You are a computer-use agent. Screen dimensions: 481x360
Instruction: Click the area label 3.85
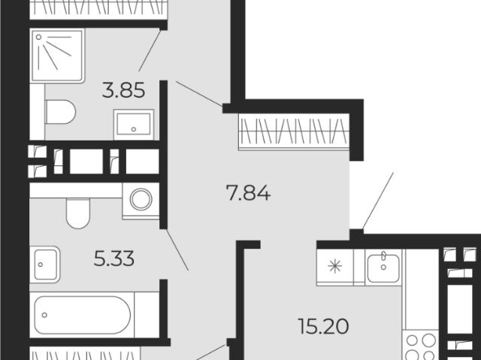(x=123, y=90)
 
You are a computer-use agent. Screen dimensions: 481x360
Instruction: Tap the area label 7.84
(x=248, y=193)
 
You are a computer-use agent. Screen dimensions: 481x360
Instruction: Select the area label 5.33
(x=113, y=259)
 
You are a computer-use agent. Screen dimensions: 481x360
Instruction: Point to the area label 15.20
(x=323, y=326)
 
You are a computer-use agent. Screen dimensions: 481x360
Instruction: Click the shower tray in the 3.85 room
(x=57, y=56)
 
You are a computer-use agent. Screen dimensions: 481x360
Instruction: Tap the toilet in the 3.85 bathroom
(x=60, y=112)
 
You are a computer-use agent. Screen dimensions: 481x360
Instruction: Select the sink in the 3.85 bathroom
(x=134, y=125)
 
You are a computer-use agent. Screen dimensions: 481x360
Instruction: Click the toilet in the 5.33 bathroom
(x=78, y=213)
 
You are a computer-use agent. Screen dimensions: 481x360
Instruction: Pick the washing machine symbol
(x=141, y=201)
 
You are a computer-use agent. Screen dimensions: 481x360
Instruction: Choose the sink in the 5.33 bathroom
(x=45, y=265)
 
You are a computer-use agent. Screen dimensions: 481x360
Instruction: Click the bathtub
(x=82, y=315)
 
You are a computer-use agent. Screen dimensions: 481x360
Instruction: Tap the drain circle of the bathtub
(x=44, y=315)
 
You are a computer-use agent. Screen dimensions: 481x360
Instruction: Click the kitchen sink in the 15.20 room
(x=383, y=267)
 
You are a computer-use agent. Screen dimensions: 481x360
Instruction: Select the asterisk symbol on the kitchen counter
(x=334, y=266)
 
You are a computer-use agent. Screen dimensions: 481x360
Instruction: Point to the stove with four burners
(x=420, y=345)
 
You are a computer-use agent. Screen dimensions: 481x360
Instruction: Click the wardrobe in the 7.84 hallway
(x=294, y=132)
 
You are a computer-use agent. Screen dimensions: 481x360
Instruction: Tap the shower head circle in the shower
(x=38, y=37)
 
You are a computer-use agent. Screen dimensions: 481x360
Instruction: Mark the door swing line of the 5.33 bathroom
(x=177, y=250)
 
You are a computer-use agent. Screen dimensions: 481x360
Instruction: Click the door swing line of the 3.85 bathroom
(x=150, y=50)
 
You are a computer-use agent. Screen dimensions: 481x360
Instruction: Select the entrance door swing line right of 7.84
(x=378, y=201)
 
